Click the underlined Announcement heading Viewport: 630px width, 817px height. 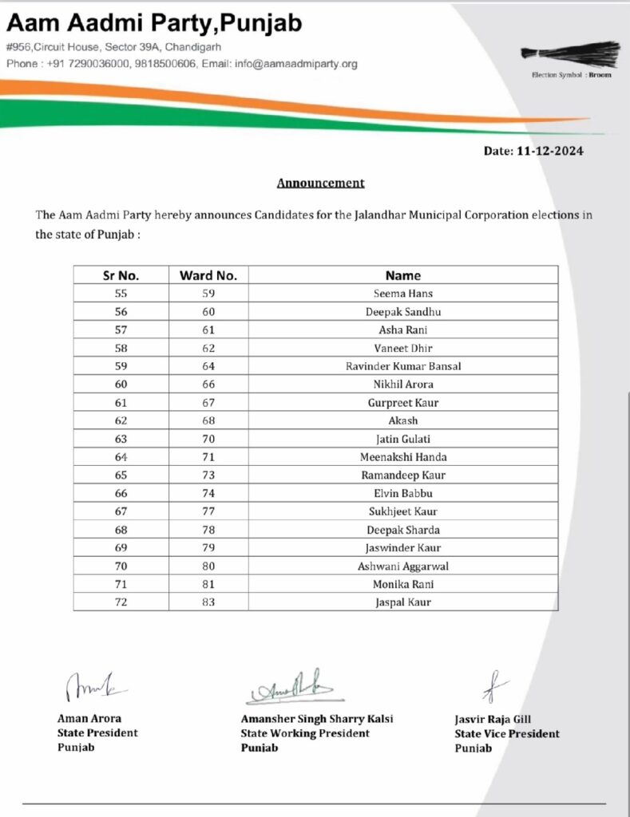[320, 183]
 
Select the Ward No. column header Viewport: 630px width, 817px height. [208, 275]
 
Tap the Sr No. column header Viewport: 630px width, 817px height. [121, 275]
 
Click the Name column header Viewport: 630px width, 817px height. [402, 275]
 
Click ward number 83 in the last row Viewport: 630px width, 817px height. [208, 602]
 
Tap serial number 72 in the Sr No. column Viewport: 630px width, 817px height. [121, 602]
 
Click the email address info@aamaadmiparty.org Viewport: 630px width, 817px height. [296, 64]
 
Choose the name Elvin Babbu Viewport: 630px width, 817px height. [402, 493]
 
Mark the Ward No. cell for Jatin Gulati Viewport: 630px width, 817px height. [208, 439]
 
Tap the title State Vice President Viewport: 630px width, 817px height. [507, 734]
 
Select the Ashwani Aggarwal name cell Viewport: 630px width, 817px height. [402, 566]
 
